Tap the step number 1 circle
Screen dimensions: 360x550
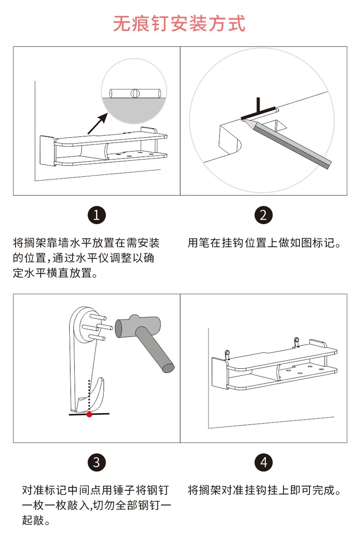tap(97, 215)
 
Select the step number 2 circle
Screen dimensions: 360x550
tap(263, 215)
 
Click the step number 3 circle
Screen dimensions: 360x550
tap(97, 463)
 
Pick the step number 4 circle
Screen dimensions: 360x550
tap(263, 463)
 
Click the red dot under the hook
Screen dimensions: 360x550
tap(89, 414)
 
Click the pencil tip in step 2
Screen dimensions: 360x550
tap(244, 121)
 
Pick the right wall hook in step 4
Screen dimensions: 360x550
tap(296, 341)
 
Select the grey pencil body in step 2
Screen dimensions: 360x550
tap(292, 144)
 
